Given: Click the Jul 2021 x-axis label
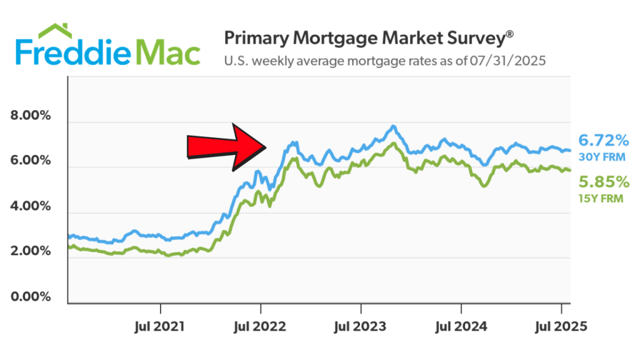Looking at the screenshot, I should tap(161, 326).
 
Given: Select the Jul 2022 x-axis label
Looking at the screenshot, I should tap(261, 326).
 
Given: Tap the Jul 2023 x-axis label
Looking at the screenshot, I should tap(361, 326).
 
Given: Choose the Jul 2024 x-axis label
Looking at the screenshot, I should tap(461, 326).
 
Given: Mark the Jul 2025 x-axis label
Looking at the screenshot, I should tap(561, 326).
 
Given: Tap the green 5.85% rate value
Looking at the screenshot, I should tap(602, 182).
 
